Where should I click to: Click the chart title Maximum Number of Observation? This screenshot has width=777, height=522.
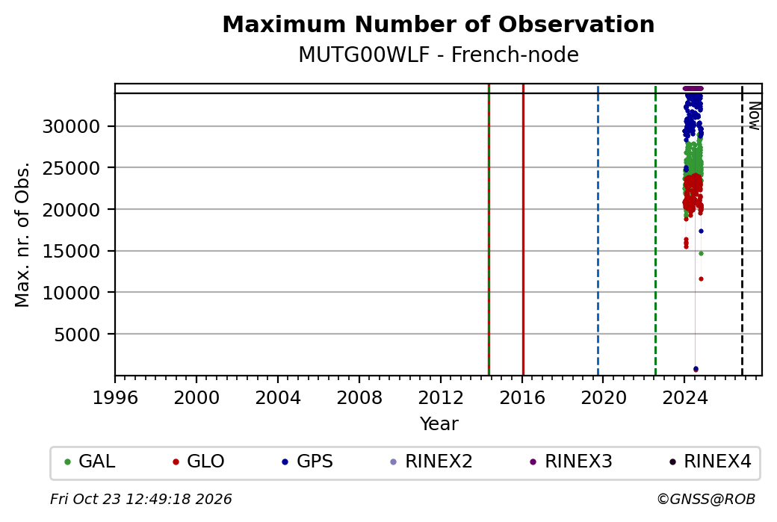(x=439, y=24)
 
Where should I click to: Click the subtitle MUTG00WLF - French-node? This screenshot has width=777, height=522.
(x=439, y=55)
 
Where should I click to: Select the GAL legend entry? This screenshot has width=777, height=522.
(x=90, y=462)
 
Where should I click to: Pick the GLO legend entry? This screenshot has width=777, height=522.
(x=198, y=462)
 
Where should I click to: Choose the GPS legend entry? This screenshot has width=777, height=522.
(x=307, y=462)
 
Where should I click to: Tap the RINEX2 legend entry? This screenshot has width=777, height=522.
(x=431, y=462)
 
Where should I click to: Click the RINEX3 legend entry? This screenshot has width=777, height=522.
(x=571, y=462)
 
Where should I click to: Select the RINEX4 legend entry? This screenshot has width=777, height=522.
(x=710, y=462)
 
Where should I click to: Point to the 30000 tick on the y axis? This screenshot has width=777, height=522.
(x=72, y=127)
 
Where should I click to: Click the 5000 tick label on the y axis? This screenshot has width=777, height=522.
(x=77, y=335)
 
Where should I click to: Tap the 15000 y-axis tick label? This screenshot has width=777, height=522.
(x=72, y=252)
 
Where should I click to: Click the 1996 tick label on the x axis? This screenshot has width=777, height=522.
(x=115, y=398)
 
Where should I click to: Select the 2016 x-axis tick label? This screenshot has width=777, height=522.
(x=522, y=398)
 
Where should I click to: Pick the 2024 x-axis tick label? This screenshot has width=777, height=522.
(x=685, y=398)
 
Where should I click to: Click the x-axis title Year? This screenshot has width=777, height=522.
(x=439, y=424)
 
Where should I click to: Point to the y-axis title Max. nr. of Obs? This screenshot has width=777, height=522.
(x=22, y=234)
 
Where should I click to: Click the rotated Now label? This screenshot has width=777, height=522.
(x=754, y=116)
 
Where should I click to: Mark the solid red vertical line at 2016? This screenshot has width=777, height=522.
(x=523, y=230)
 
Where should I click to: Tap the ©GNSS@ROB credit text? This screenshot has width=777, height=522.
(x=706, y=499)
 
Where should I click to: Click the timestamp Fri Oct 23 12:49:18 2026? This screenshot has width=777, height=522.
(x=141, y=499)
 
